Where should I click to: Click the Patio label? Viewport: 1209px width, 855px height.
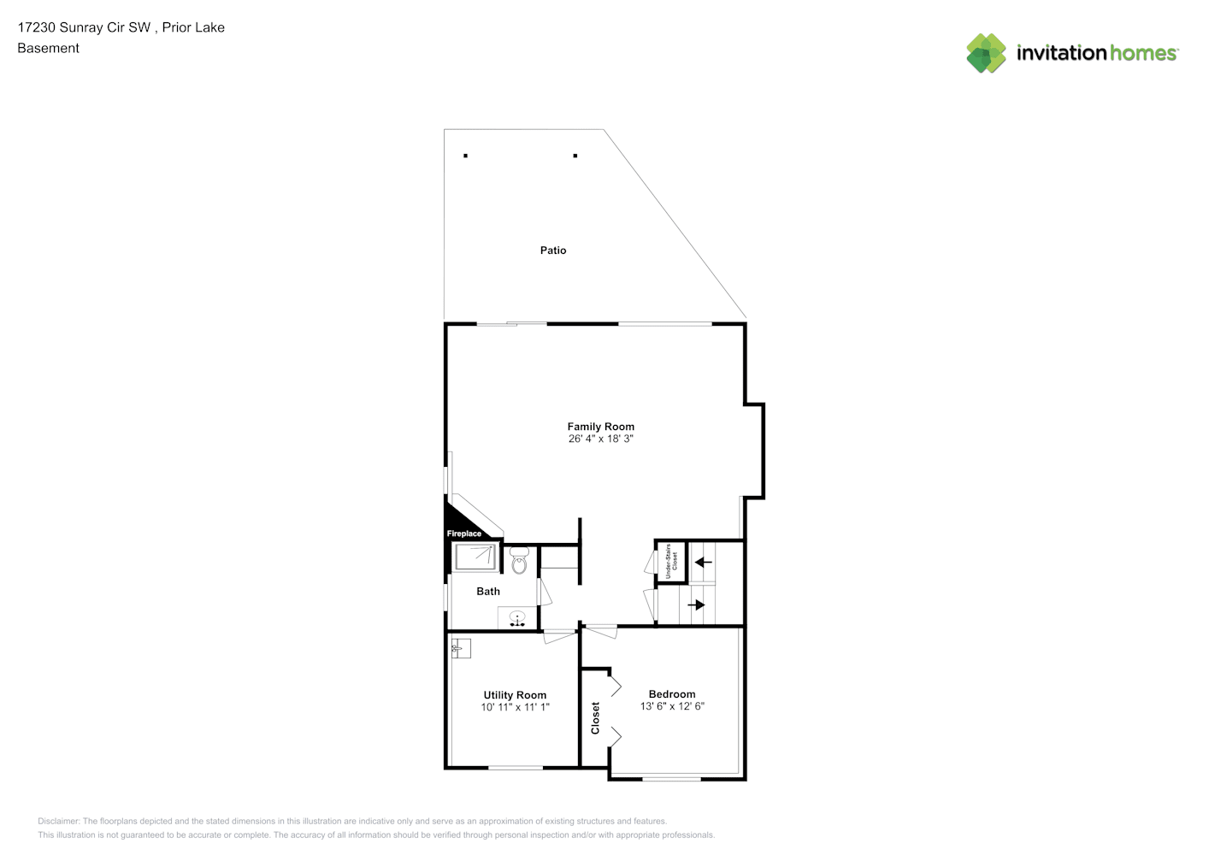[x=553, y=250]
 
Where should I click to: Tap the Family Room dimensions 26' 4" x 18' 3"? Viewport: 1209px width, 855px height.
[x=601, y=439]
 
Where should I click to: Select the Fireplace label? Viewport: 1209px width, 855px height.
[x=463, y=534]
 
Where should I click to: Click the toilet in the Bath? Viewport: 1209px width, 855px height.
[x=519, y=560]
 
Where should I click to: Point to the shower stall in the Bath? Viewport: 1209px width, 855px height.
[x=475, y=557]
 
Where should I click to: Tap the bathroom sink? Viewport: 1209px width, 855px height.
[x=517, y=618]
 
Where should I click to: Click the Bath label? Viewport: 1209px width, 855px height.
[x=488, y=592]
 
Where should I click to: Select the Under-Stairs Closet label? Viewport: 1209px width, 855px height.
[x=671, y=562]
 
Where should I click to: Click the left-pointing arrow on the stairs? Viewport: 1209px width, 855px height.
[x=704, y=563]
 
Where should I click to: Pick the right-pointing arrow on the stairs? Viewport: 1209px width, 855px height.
[x=696, y=605]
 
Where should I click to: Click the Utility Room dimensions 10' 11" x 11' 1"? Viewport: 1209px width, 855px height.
[x=515, y=707]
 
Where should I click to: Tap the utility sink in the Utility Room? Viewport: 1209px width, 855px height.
[x=461, y=648]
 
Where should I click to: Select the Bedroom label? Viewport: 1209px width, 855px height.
[x=672, y=694]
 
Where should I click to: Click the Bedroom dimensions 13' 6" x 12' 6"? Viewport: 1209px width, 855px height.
[x=672, y=706]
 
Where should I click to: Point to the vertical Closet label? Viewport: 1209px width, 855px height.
[x=595, y=718]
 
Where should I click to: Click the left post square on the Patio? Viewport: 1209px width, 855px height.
[x=465, y=156]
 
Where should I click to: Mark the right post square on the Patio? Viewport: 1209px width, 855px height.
[x=575, y=156]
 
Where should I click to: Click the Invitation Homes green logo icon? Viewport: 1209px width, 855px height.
[x=986, y=53]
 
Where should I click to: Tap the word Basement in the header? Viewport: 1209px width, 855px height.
[x=48, y=48]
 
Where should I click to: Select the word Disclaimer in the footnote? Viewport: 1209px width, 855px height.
[x=58, y=821]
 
